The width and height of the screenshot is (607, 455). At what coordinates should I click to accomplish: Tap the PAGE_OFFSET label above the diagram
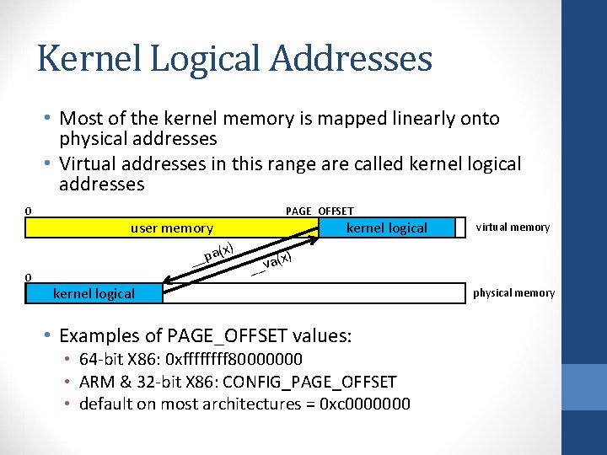320,211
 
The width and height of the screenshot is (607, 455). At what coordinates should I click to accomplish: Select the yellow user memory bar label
172,227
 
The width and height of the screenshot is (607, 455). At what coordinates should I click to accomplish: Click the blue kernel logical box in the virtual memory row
387,227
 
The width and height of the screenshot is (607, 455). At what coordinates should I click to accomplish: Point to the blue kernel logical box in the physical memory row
94,293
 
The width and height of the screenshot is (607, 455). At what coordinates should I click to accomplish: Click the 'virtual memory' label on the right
513,227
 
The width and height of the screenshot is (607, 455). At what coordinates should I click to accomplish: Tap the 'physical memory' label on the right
513,293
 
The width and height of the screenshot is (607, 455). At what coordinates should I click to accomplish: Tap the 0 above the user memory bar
28,211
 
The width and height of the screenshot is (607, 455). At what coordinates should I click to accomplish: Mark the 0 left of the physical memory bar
28,277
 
